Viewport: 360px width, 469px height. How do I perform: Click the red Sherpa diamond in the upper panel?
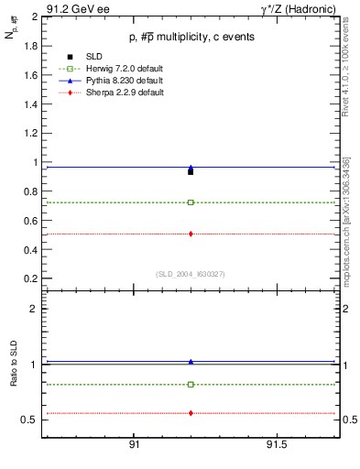pyautogui.click(x=191, y=234)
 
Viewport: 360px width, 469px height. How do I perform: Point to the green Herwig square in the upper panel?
pyautogui.click(x=191, y=202)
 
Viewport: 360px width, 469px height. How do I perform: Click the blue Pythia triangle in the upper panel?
pyautogui.click(x=191, y=168)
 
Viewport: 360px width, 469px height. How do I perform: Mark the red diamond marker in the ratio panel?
pyautogui.click(x=191, y=413)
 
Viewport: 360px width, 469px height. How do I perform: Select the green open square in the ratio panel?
pyautogui.click(x=191, y=384)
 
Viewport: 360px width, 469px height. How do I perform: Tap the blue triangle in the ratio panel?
pyautogui.click(x=191, y=362)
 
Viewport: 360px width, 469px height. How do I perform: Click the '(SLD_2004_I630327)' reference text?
pyautogui.click(x=190, y=273)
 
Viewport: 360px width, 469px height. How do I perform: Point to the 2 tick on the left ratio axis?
pyautogui.click(x=33, y=309)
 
